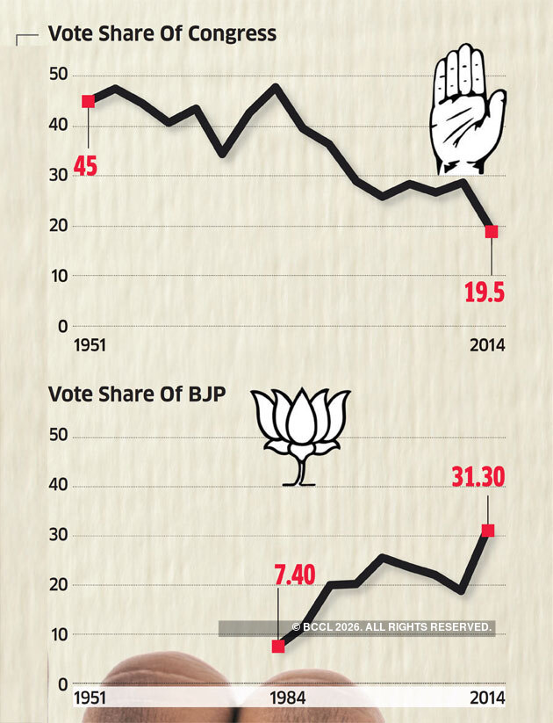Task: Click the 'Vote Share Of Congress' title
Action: [162, 34]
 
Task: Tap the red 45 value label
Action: [85, 164]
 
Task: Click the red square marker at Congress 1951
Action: [88, 102]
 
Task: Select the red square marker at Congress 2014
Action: [491, 232]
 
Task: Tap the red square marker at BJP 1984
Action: [278, 647]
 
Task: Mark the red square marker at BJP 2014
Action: [488, 531]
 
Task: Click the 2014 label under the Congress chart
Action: [486, 344]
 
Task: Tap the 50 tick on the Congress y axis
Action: [57, 76]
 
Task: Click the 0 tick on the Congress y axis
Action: [62, 326]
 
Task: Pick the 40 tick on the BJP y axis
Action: [57, 487]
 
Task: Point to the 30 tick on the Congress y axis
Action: [57, 176]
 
